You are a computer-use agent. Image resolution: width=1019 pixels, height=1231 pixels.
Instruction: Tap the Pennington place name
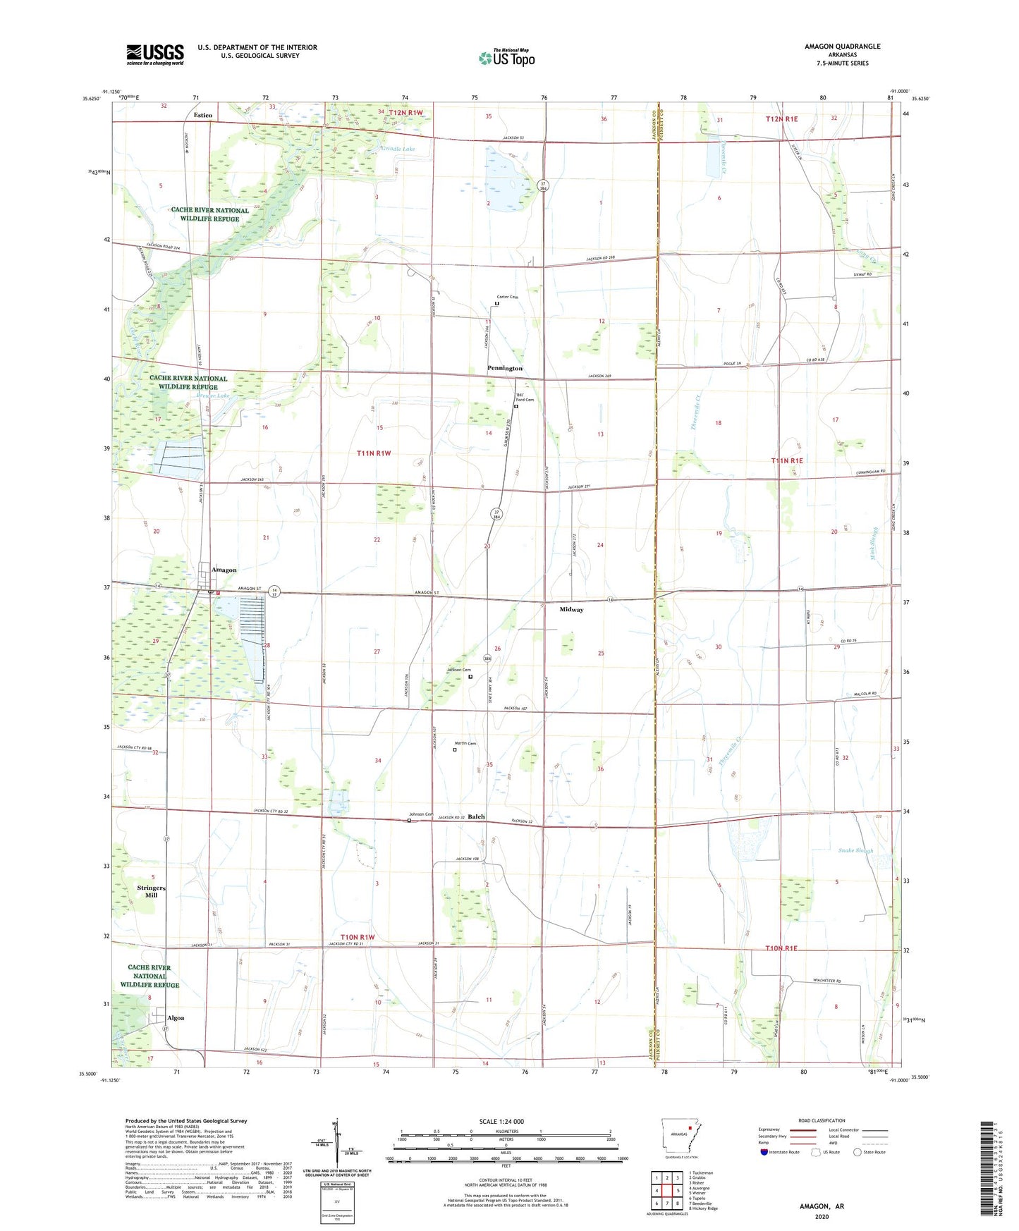pos(505,368)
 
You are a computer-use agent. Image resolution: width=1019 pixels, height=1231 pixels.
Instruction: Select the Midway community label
pos(571,609)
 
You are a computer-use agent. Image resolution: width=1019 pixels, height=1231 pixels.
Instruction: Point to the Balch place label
pos(477,816)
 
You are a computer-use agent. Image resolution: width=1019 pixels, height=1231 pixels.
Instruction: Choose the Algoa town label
pos(176,1018)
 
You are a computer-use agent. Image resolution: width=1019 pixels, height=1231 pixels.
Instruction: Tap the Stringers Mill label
pos(151,891)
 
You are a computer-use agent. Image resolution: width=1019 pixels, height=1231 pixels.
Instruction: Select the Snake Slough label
pos(855,850)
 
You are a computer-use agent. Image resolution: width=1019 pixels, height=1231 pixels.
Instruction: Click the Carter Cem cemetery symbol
pos(497,304)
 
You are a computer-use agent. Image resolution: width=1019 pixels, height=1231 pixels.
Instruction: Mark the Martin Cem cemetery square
pos(455,749)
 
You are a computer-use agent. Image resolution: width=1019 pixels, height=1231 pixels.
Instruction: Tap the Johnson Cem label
pos(420,814)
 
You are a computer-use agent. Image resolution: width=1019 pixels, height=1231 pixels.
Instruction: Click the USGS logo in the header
pos(155,54)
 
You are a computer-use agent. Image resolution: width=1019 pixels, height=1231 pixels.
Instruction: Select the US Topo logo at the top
pos(506,58)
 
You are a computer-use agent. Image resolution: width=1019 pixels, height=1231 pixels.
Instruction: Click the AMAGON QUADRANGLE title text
pos(842,47)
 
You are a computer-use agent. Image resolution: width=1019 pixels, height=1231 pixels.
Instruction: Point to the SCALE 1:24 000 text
pos(501,1121)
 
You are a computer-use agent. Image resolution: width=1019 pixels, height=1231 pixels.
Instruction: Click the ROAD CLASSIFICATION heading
pos(822,1120)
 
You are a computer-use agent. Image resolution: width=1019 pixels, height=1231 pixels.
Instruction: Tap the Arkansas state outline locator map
pos(681,1134)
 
